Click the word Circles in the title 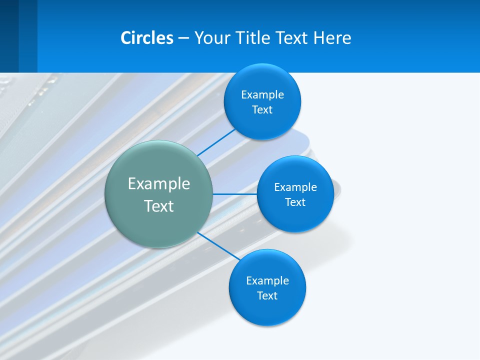pos(147,38)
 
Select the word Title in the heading pos(253,38)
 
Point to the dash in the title pos(183,38)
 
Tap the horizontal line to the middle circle pos(235,194)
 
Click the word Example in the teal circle pos(159,183)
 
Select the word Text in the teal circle pos(159,206)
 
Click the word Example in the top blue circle pos(262,95)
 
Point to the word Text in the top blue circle pos(262,110)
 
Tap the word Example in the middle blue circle pos(295,187)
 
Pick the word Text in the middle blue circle pos(295,202)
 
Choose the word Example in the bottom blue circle pos(267,281)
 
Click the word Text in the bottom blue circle pos(267,296)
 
